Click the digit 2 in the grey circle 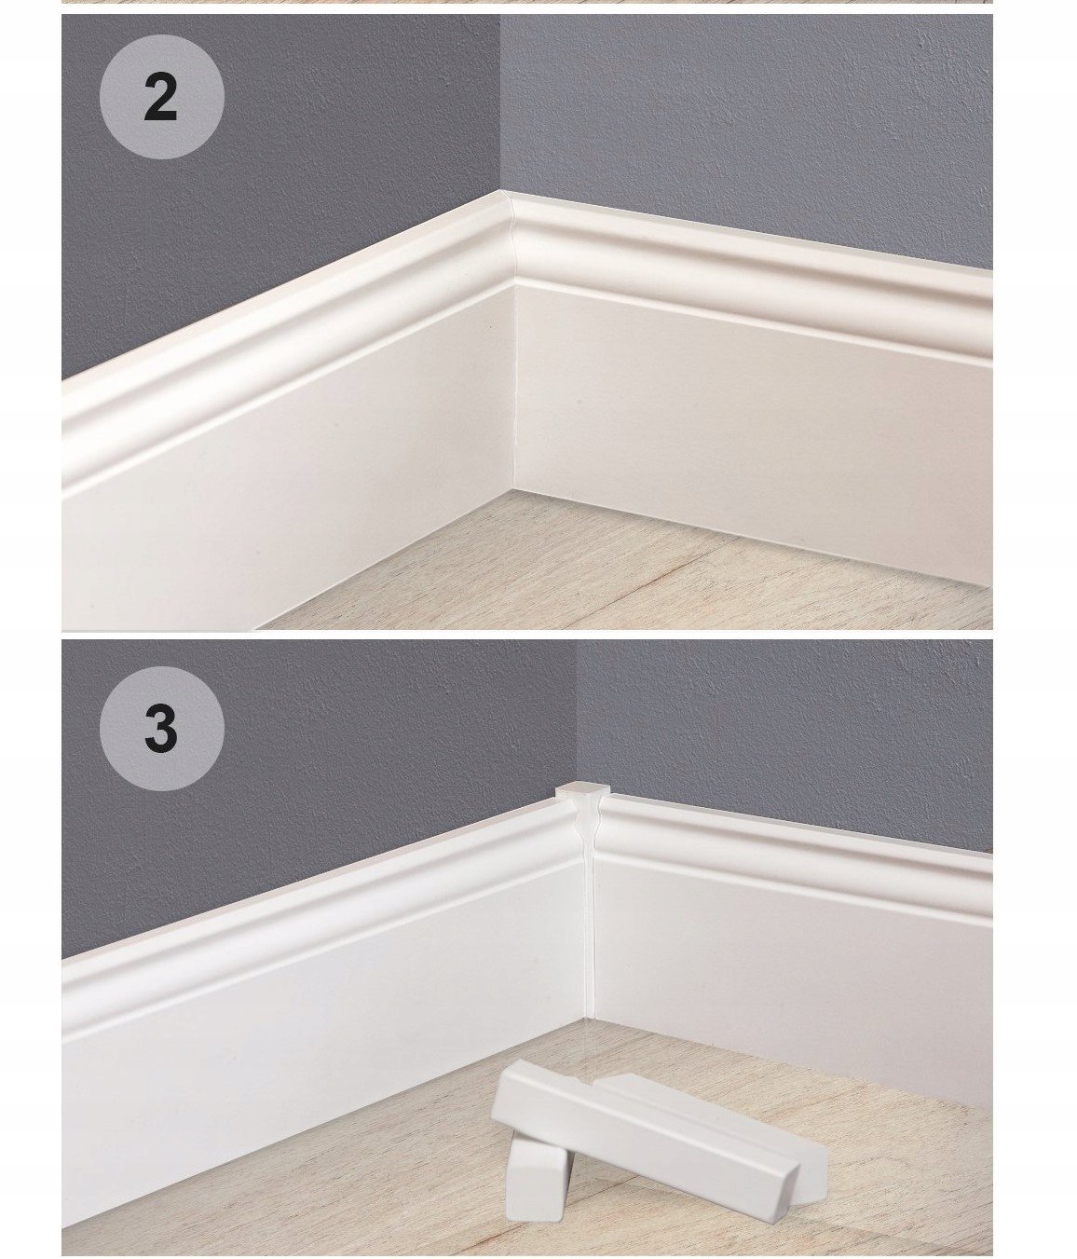[161, 98]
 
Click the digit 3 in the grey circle [161, 729]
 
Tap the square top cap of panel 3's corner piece [582, 790]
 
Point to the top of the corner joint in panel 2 [504, 193]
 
